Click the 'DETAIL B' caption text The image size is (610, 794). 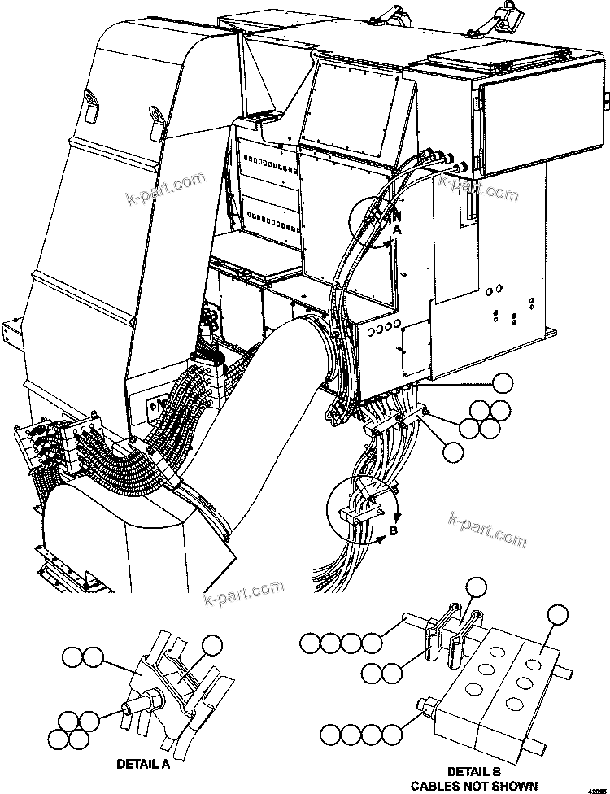tap(473, 770)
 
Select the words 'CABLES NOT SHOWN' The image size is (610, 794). tap(473, 785)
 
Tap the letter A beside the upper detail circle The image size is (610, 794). tap(398, 230)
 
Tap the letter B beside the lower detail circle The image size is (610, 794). tap(394, 532)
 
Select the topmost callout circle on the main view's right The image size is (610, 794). tap(504, 382)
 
